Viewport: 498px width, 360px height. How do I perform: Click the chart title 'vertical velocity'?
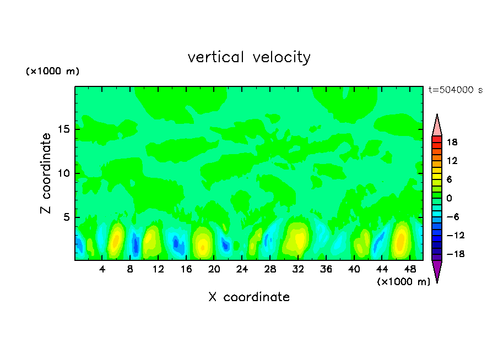point(249,57)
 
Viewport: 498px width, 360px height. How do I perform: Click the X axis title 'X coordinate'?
point(249,297)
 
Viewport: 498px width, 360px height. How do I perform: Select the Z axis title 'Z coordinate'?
point(46,173)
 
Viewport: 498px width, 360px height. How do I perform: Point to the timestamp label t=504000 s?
point(455,90)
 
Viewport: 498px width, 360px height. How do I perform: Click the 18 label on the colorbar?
point(452,142)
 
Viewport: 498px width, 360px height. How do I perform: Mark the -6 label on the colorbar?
point(452,217)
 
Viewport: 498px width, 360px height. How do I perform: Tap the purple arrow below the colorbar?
point(437,271)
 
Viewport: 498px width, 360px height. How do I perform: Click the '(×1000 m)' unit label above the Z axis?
point(53,72)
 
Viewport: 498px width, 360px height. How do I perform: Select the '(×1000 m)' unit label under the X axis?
point(404,282)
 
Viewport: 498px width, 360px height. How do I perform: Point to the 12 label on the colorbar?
point(452,161)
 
